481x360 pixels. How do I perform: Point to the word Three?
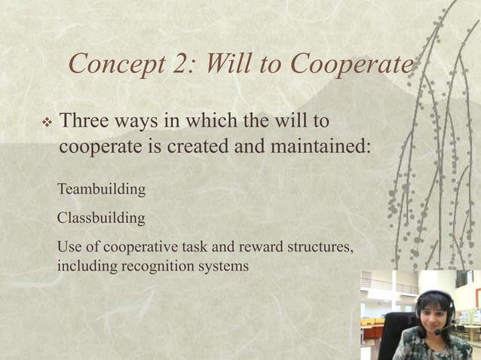84,121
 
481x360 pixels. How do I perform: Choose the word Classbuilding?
101,218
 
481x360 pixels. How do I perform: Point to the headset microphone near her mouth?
439,332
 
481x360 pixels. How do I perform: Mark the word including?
85,266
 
